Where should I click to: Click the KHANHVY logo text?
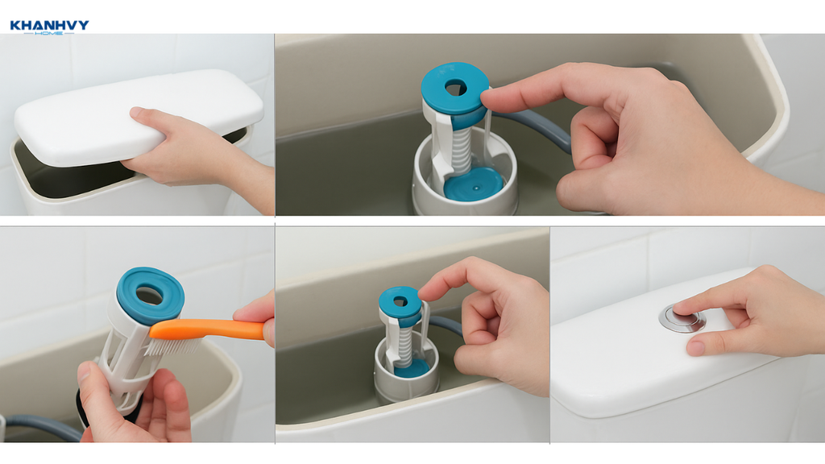click(x=49, y=25)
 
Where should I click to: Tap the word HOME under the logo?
click(x=49, y=33)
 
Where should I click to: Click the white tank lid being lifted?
click(x=138, y=116)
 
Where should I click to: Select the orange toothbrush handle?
click(x=207, y=329)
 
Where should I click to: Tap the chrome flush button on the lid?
click(x=682, y=317)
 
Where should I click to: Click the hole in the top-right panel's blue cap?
click(x=456, y=87)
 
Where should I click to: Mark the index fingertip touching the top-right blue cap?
click(x=488, y=97)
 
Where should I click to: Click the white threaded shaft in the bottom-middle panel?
click(x=404, y=345)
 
